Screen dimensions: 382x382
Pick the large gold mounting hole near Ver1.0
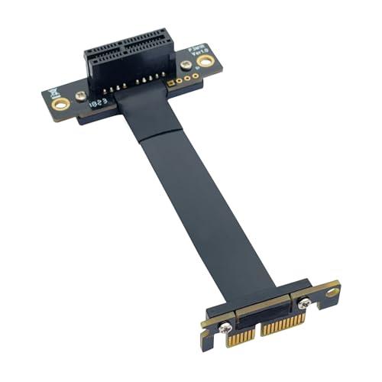[x=204, y=60]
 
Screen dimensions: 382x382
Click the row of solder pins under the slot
[x=126, y=86]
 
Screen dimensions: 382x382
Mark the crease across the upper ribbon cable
[x=153, y=138]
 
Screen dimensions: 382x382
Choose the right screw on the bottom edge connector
[x=304, y=305]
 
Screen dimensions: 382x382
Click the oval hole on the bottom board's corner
[x=332, y=290]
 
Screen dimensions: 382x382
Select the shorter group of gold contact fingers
[x=241, y=341]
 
